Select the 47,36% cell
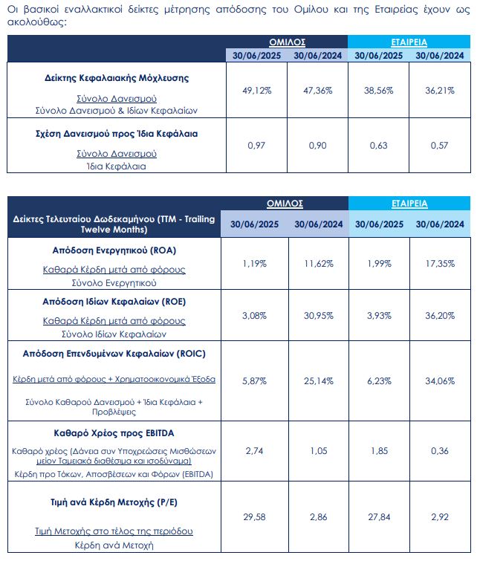[317, 90]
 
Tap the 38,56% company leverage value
[378, 90]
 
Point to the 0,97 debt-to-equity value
[256, 145]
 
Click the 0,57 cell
[440, 145]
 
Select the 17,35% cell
[440, 264]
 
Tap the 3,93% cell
[378, 316]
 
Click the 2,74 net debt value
[256, 450]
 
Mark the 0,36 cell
[440, 450]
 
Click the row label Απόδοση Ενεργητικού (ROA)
[115, 250]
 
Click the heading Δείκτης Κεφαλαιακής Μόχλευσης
[114, 77]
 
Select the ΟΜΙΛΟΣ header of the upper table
[287, 42]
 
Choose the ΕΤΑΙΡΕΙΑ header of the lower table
[409, 203]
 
